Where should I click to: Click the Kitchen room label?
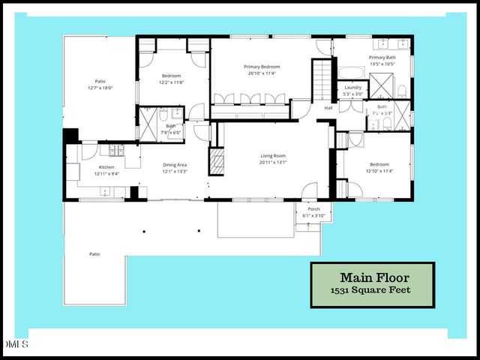[x=107, y=167]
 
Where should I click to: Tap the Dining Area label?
[x=175, y=165]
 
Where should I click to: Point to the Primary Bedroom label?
[x=261, y=67]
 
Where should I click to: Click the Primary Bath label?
[x=382, y=58]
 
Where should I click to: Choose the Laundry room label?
[x=352, y=88]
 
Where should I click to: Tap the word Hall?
[x=328, y=108]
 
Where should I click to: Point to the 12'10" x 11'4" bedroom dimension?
[x=379, y=171]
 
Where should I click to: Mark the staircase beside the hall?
[x=321, y=79]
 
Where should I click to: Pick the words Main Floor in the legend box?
[x=372, y=276]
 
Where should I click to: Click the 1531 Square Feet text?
[x=372, y=289]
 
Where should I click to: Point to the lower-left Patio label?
[x=94, y=254]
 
